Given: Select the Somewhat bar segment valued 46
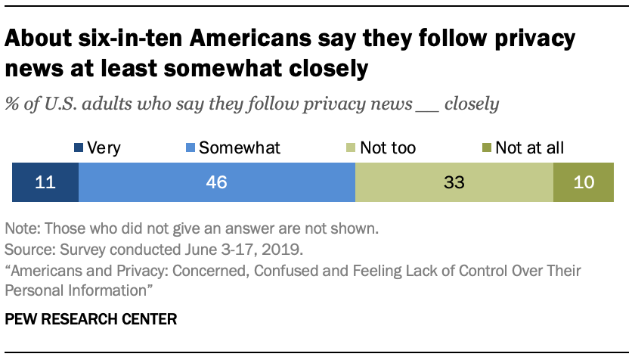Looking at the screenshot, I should [217, 182].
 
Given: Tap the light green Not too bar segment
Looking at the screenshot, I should [454, 182].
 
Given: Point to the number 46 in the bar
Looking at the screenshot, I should [217, 183].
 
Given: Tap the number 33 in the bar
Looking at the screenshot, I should [454, 183].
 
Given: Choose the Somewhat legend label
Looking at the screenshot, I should [239, 148].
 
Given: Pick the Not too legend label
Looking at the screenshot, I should [388, 148].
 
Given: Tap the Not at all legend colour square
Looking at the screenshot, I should [486, 148].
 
